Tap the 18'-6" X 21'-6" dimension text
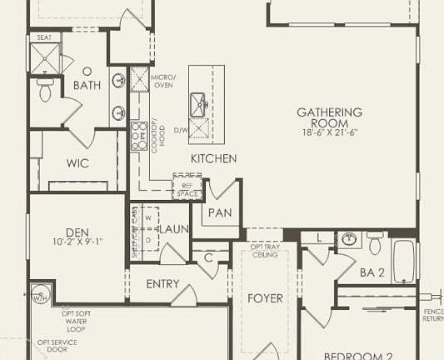pos(330,132)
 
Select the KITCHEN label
pos(213,158)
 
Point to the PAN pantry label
pos(220,212)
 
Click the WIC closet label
pos(77,162)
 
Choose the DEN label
pos(77,232)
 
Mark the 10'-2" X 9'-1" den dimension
pos(77,242)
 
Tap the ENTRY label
pos(162,284)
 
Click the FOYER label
pos(266,298)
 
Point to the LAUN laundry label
pos(175,229)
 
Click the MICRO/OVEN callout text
pos(162,81)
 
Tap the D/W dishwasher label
pos(181,130)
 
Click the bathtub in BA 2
pos(404,262)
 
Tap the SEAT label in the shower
pos(44,37)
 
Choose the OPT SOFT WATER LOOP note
pos(81,319)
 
